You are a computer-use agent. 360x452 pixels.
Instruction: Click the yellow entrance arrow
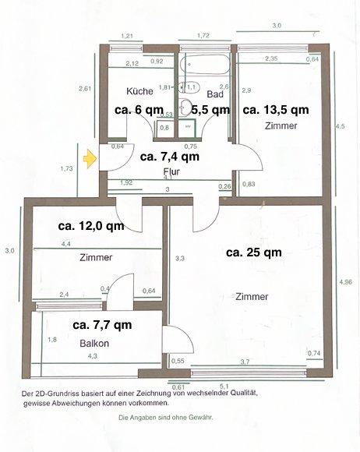(x=90, y=160)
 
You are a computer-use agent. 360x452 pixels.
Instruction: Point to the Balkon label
(x=92, y=342)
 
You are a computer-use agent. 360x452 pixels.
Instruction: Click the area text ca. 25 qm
(x=255, y=252)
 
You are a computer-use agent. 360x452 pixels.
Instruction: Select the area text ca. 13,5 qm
(x=275, y=110)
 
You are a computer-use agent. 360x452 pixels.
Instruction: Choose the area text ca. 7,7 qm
(x=102, y=324)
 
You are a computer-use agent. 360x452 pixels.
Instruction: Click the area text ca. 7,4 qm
(x=170, y=156)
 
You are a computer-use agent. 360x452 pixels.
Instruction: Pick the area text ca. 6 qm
(x=139, y=110)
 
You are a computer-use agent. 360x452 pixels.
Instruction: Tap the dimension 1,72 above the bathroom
(x=204, y=36)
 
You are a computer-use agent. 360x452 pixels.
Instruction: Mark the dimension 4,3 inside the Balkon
(x=93, y=356)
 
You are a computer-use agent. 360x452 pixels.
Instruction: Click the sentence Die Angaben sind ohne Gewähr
(x=165, y=418)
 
